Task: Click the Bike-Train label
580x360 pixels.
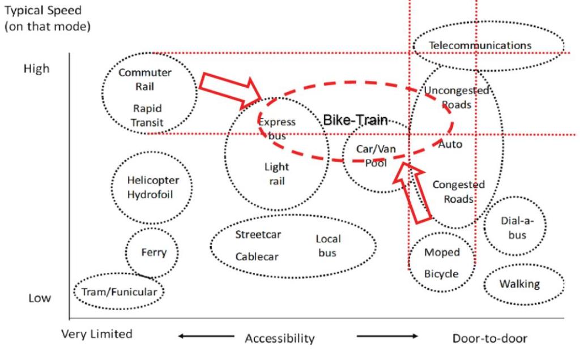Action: point(355,120)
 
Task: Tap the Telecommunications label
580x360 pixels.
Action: point(480,45)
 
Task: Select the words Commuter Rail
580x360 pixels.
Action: point(144,79)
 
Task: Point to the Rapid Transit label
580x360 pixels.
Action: point(148,115)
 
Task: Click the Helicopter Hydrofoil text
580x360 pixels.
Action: point(153,187)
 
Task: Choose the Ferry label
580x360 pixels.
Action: point(154,252)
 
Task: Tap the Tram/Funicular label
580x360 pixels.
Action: point(119,292)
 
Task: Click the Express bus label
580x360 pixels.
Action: point(277,129)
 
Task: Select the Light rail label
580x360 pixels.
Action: point(276,174)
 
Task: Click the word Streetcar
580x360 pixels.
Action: point(258,234)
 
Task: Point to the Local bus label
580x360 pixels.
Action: point(328,246)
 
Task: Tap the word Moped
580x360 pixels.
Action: point(442,252)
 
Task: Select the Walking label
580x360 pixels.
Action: point(519,284)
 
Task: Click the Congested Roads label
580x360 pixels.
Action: point(458,191)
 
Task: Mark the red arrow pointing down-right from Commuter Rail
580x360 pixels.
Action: point(231,89)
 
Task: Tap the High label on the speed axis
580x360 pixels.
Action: point(36,69)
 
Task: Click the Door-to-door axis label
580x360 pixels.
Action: point(489,338)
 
